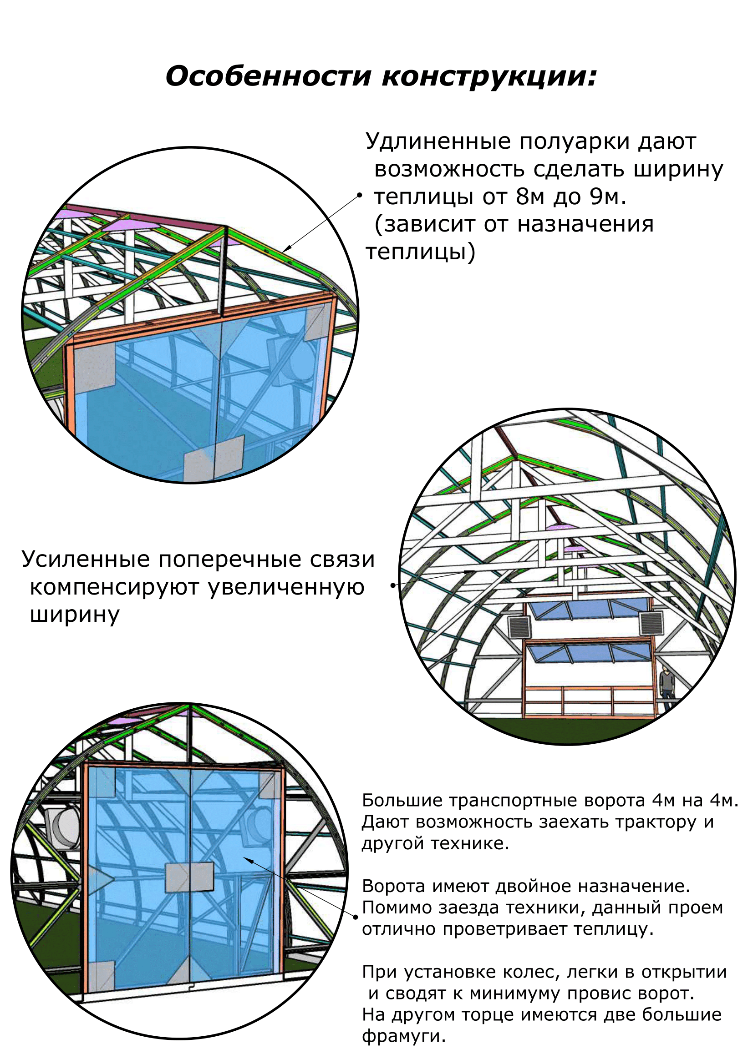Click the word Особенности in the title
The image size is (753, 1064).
[x=269, y=76]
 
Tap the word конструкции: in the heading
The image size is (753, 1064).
[x=488, y=77]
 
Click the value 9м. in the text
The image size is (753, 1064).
[x=608, y=197]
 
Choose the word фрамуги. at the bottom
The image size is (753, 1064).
[x=403, y=1036]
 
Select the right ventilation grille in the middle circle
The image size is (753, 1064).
[x=651, y=623]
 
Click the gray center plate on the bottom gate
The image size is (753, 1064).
[x=190, y=877]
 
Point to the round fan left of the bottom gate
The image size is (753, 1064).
[x=64, y=827]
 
